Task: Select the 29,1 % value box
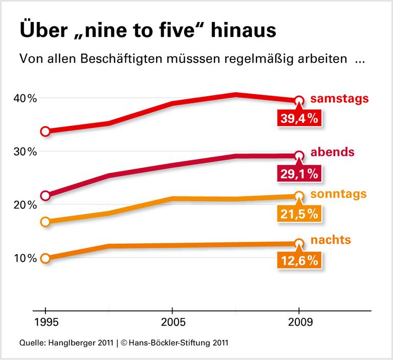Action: (299, 174)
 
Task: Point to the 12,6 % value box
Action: (299, 261)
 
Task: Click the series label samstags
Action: (339, 99)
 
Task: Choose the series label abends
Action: (334, 152)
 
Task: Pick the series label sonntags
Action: (338, 194)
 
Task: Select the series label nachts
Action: (331, 240)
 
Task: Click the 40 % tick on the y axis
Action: (25, 98)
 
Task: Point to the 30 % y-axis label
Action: (25, 152)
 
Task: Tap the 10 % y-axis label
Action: (25, 258)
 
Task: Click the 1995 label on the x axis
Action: (45, 324)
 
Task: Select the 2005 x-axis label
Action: (172, 324)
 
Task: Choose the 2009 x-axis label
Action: (299, 324)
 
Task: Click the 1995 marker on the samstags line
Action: (45, 132)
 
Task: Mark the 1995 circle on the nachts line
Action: (45, 258)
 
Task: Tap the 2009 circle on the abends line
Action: (299, 156)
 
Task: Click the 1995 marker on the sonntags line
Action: (45, 222)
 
